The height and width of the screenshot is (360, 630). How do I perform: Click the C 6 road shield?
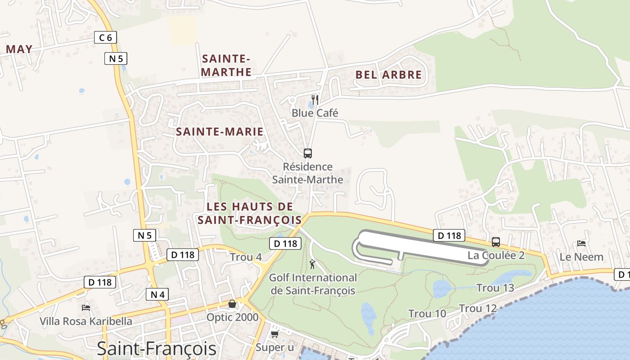pyautogui.click(x=105, y=38)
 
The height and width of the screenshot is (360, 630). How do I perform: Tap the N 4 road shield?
pyautogui.click(x=157, y=295)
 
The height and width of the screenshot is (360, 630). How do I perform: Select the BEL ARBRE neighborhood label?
pyautogui.click(x=389, y=75)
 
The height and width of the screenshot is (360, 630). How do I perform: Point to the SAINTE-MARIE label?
pyautogui.click(x=220, y=132)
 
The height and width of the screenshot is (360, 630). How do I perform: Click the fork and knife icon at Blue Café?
pyautogui.click(x=315, y=99)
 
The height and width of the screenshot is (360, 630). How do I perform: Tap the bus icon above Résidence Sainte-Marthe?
pyautogui.click(x=308, y=153)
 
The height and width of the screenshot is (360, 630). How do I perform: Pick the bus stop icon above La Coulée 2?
pyautogui.click(x=496, y=242)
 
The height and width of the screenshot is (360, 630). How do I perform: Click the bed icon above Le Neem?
pyautogui.click(x=581, y=243)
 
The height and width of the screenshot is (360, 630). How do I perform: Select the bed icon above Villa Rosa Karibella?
pyautogui.click(x=86, y=308)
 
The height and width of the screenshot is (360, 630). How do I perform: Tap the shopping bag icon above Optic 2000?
pyautogui.click(x=232, y=304)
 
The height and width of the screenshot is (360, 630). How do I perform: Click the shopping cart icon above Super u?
pyautogui.click(x=274, y=334)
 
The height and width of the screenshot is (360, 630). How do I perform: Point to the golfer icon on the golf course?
pyautogui.click(x=313, y=264)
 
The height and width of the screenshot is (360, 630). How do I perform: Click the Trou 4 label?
pyautogui.click(x=246, y=257)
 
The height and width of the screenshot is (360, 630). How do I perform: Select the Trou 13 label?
pyautogui.click(x=495, y=288)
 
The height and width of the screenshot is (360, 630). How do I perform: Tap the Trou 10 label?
pyautogui.click(x=427, y=314)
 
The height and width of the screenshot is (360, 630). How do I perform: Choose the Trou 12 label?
pyautogui.click(x=478, y=309)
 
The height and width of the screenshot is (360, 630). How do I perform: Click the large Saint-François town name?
pyautogui.click(x=157, y=349)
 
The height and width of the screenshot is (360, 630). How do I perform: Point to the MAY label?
pyautogui.click(x=19, y=49)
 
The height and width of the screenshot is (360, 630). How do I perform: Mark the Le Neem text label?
pyautogui.click(x=581, y=257)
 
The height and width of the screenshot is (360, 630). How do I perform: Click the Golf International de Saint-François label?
pyautogui.click(x=313, y=284)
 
